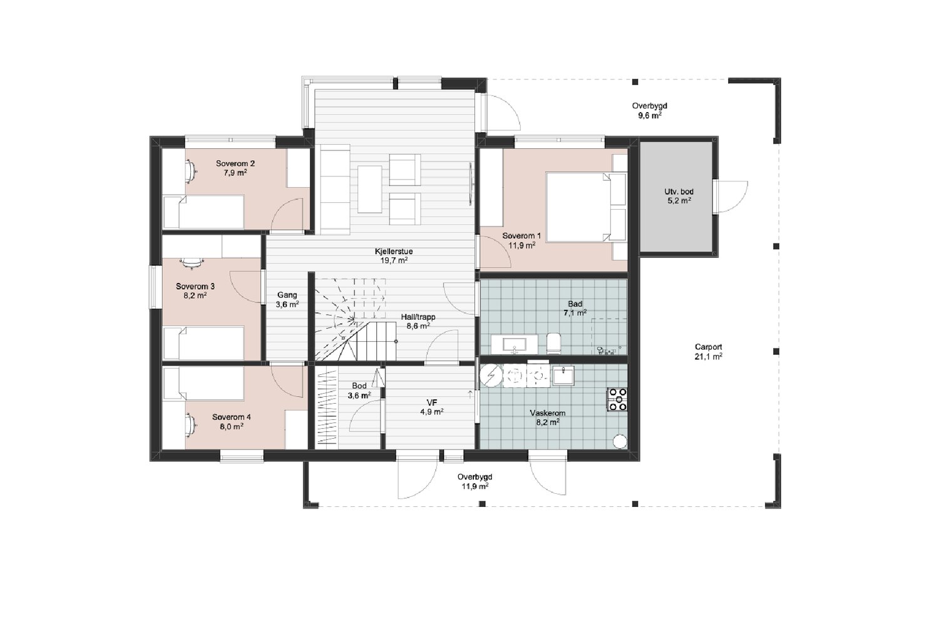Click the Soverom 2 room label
point(235,163)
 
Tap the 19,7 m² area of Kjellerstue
point(394,260)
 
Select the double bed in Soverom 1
point(587,206)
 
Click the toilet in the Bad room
point(554,343)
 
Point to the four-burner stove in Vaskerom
point(617,399)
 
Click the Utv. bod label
point(679,192)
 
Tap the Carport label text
point(709,347)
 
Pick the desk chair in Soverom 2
point(191,171)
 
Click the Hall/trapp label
point(418,317)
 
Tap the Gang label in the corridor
point(287,295)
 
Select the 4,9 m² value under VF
point(432,412)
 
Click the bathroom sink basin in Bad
point(515,344)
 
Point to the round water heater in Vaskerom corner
point(620,441)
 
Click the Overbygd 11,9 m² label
point(475,481)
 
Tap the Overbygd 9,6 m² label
point(649,111)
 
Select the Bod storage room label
point(359,386)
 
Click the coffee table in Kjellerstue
point(369,189)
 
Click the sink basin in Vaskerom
point(563,375)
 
